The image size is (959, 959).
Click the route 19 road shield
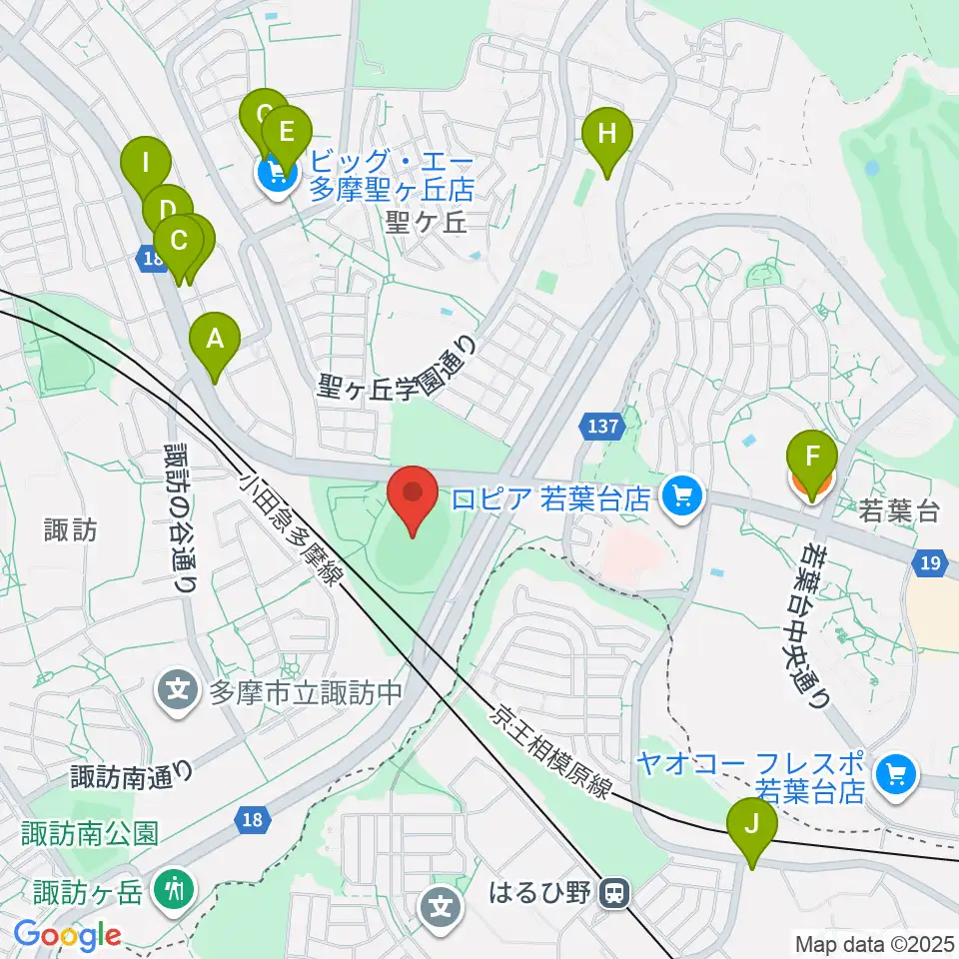pos(930,563)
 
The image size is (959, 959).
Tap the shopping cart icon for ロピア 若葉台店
pos(683,494)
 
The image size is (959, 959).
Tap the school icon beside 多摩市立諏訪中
pos(178,689)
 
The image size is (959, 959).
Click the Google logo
pos(67,936)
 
